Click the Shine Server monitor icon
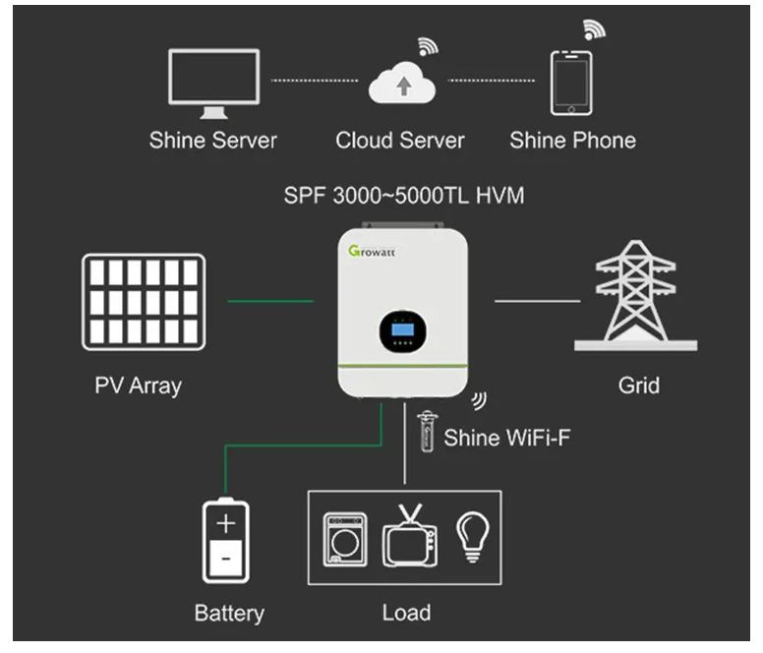coord(214,78)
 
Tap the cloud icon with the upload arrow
coord(402,84)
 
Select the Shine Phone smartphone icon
coord(571,84)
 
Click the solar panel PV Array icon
coord(144,302)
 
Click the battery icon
coord(226,540)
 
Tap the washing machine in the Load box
coord(345,539)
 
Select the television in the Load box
coord(410,537)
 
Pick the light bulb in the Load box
coord(473,537)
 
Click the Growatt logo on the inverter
coord(372,251)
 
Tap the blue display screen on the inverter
coord(402,329)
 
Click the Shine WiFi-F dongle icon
coord(427,432)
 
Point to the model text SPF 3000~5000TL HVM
coord(404,196)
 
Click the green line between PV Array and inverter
coord(270,301)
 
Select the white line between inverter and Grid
coord(537,301)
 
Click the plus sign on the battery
coord(226,524)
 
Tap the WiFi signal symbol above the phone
coord(594,30)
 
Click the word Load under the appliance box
coord(406,613)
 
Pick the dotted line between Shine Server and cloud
coord(315,81)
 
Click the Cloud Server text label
coord(400,140)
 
